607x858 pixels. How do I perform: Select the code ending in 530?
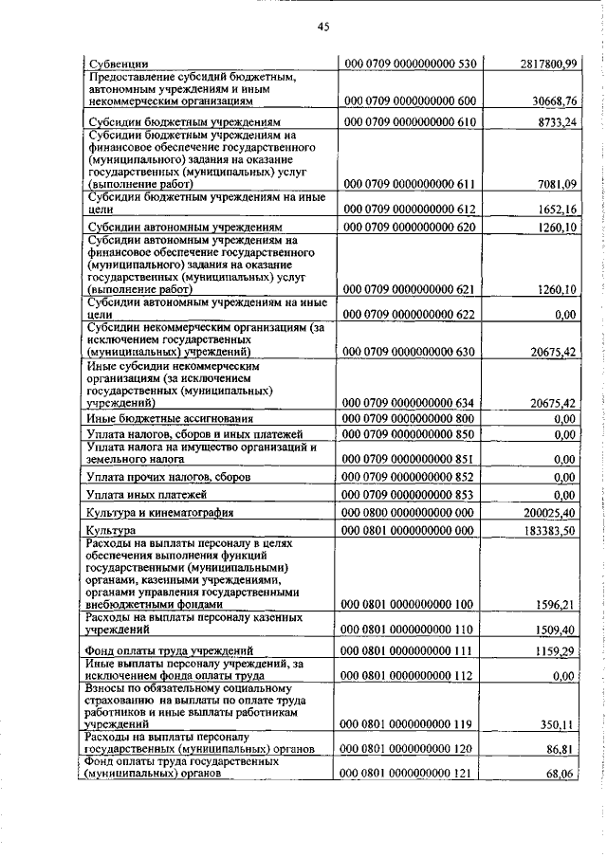[x=410, y=64]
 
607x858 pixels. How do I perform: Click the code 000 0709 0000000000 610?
[x=410, y=123]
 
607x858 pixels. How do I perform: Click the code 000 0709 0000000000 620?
[x=410, y=228]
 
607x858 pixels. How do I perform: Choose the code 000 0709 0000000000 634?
[x=410, y=402]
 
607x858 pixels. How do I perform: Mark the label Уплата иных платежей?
[x=145, y=494]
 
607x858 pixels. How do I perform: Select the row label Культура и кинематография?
[x=157, y=512]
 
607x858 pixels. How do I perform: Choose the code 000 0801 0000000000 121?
[x=410, y=774]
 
